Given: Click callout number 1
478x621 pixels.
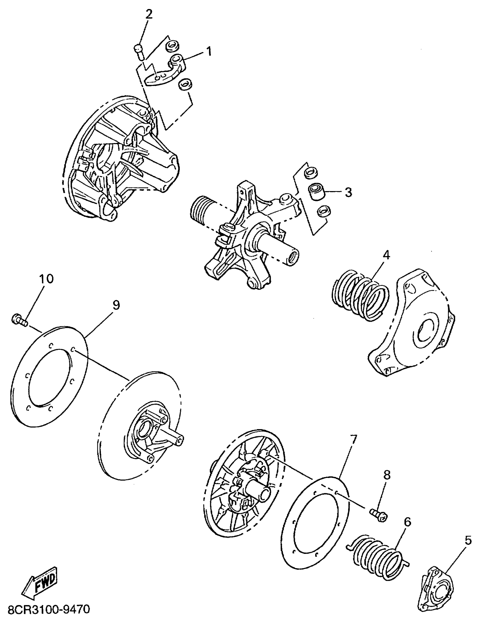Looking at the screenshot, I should pyautogui.click(x=209, y=51).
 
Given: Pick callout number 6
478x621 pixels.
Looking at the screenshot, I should pyautogui.click(x=407, y=522).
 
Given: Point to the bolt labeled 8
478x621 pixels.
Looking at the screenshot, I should pyautogui.click(x=378, y=515).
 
